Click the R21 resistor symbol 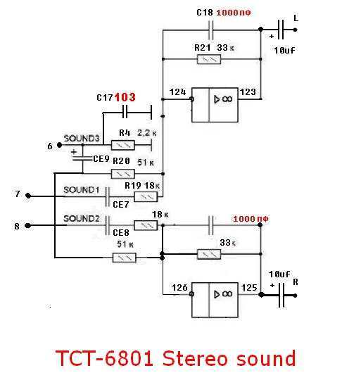(209, 60)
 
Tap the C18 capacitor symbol (210, 30)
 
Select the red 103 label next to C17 (125, 97)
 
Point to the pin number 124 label (178, 92)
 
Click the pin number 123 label (248, 92)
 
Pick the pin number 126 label (179, 288)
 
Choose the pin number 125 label (249, 288)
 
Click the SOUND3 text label (82, 139)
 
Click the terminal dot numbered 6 (60, 145)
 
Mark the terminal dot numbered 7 (28, 196)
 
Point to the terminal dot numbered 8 (28, 225)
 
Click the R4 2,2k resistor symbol (122, 145)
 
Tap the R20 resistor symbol (122, 174)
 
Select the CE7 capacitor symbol (108, 197)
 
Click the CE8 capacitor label (121, 233)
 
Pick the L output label (296, 18)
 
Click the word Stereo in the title (195, 359)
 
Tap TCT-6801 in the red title (104, 359)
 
